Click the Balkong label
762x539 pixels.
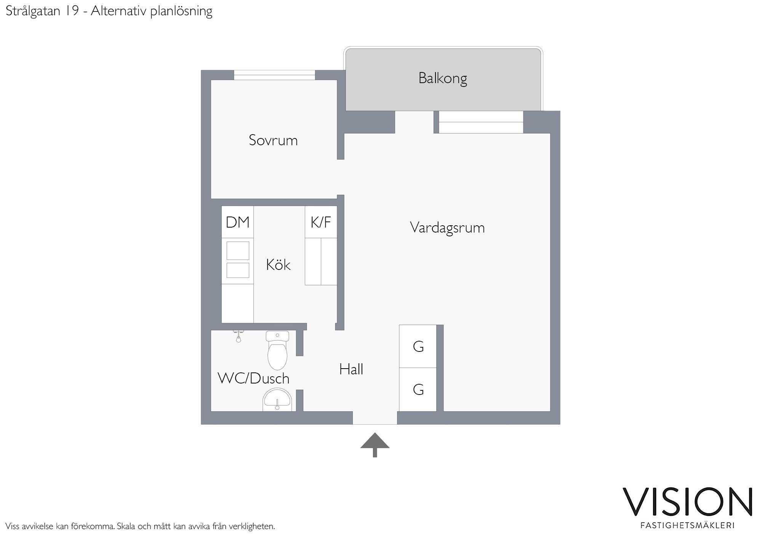coord(442,79)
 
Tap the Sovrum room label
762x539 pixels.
coord(273,140)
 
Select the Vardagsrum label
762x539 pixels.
coord(447,228)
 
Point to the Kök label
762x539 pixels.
coord(278,265)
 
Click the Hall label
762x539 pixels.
coord(351,369)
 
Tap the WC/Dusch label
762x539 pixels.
coord(253,378)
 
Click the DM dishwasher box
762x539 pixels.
coord(238,222)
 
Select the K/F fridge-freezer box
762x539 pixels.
coord(321,222)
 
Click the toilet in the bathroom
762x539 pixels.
coord(277,350)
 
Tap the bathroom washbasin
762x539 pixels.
coord(277,400)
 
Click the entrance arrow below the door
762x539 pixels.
coord(375,445)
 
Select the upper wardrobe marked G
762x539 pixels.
coord(418,346)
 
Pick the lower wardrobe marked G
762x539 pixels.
coord(418,390)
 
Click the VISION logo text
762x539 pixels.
coord(688,502)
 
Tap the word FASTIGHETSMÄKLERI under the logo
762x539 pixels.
coord(688,526)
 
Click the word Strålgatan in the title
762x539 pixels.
coord(33,11)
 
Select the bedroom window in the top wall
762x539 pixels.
coord(274,75)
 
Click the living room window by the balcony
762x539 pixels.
coord(481,122)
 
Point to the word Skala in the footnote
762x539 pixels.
coord(126,526)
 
